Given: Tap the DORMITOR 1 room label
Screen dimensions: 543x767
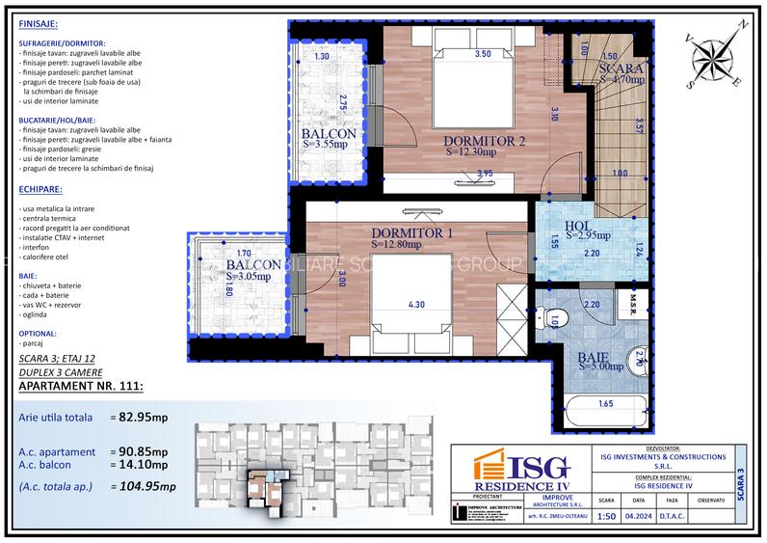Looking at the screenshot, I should tap(412, 233).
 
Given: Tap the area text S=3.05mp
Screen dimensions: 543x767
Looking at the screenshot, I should tap(254, 277).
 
